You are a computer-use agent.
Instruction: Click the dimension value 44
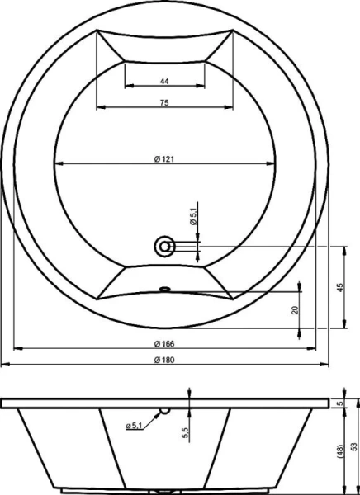pos(164,81)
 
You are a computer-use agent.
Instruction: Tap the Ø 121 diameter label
pos(163,158)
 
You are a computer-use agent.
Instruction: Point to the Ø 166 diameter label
pos(163,343)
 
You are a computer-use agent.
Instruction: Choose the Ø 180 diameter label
pos(163,359)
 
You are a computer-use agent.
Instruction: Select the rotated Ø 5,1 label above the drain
pos(192,219)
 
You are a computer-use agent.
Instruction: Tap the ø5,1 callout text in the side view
pos(137,425)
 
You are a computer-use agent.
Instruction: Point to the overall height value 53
pos(353,445)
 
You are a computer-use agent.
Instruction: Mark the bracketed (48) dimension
pos(339,450)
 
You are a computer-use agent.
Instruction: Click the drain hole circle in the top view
pos(165,245)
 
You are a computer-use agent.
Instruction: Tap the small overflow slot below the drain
pos(164,289)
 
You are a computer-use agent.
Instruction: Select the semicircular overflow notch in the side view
pos(164,410)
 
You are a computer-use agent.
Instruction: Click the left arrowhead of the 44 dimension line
pos(128,87)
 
